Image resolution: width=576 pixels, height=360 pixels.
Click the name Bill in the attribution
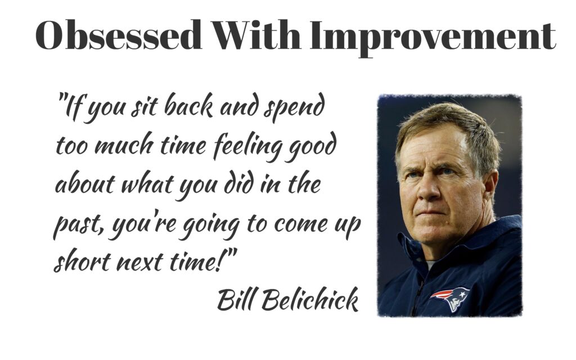[236, 299]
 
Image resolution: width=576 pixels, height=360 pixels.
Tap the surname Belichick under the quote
[310, 299]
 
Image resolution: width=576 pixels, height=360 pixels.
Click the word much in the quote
[123, 145]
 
